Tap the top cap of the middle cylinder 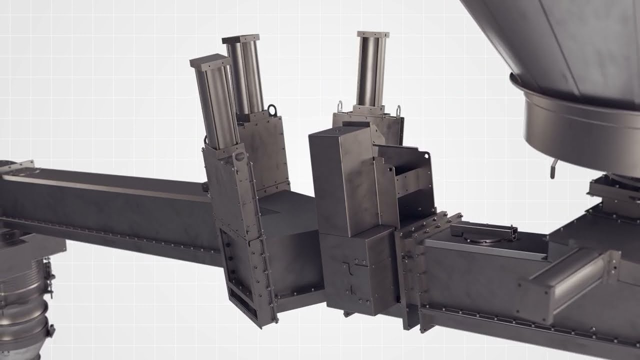(241, 39)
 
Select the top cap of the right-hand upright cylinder (373, 34)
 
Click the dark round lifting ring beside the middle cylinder (272, 109)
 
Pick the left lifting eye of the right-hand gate (340, 105)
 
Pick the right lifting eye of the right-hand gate (398, 109)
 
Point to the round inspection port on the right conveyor (482, 239)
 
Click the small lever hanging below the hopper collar (553, 168)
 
